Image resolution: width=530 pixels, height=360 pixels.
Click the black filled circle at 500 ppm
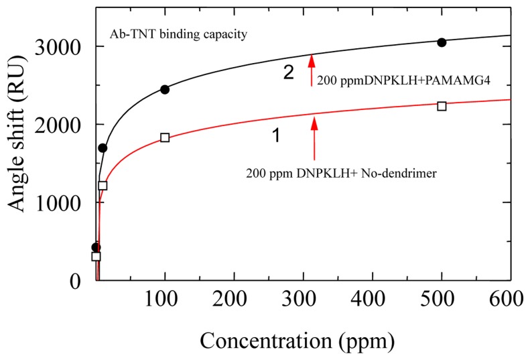click(x=442, y=42)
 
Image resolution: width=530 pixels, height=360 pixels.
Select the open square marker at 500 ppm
click(x=442, y=106)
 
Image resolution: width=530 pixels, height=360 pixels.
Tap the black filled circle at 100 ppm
click(x=165, y=89)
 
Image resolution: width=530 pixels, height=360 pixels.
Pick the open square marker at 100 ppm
click(x=165, y=137)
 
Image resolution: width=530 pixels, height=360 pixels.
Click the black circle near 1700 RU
click(x=103, y=147)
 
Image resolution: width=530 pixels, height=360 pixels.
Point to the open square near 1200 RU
click(x=103, y=185)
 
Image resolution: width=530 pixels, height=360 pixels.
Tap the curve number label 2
click(x=288, y=72)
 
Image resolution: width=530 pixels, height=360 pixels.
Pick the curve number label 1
click(x=275, y=136)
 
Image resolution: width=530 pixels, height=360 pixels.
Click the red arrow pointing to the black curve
click(x=311, y=70)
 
